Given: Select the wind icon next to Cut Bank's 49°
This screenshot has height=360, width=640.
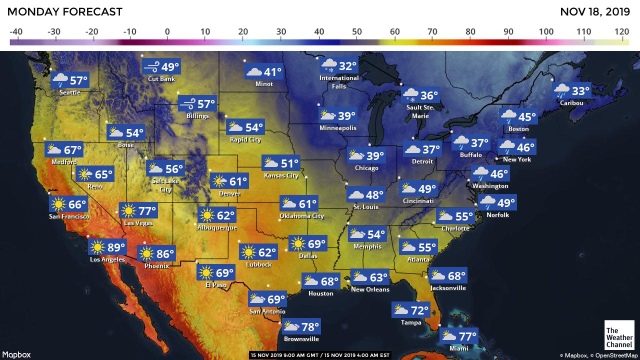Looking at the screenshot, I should click(x=151, y=66).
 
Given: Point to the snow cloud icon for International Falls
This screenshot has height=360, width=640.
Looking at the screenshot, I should click(x=328, y=65).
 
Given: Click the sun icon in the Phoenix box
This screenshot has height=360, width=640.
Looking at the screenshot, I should click(x=146, y=254).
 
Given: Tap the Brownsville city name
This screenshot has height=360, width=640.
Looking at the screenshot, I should click(x=301, y=339).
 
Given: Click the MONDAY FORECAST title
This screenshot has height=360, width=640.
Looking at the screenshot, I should click(x=65, y=12).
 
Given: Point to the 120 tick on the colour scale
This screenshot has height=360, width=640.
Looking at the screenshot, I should click(x=622, y=31).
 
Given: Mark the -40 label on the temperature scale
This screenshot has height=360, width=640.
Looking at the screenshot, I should click(x=15, y=31).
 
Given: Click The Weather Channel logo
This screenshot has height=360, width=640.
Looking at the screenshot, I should click(x=618, y=334).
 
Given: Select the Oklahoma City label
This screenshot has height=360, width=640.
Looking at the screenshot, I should click(x=301, y=216).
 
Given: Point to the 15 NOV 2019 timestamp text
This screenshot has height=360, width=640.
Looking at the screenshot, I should click(x=319, y=355).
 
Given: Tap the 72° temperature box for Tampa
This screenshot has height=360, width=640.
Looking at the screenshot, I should click(x=411, y=310).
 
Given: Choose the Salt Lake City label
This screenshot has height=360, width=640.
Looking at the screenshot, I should click(x=165, y=185).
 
